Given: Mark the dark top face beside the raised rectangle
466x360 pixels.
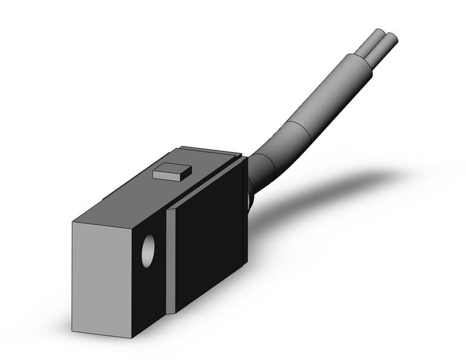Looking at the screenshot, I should (x=135, y=196).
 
